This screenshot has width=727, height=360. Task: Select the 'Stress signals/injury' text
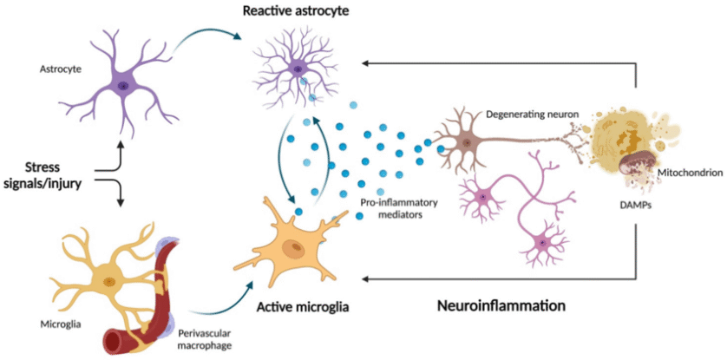tap(47, 170)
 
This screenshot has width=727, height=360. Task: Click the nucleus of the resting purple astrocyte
tap(123, 85)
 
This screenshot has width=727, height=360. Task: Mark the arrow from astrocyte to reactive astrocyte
tap(208, 42)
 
